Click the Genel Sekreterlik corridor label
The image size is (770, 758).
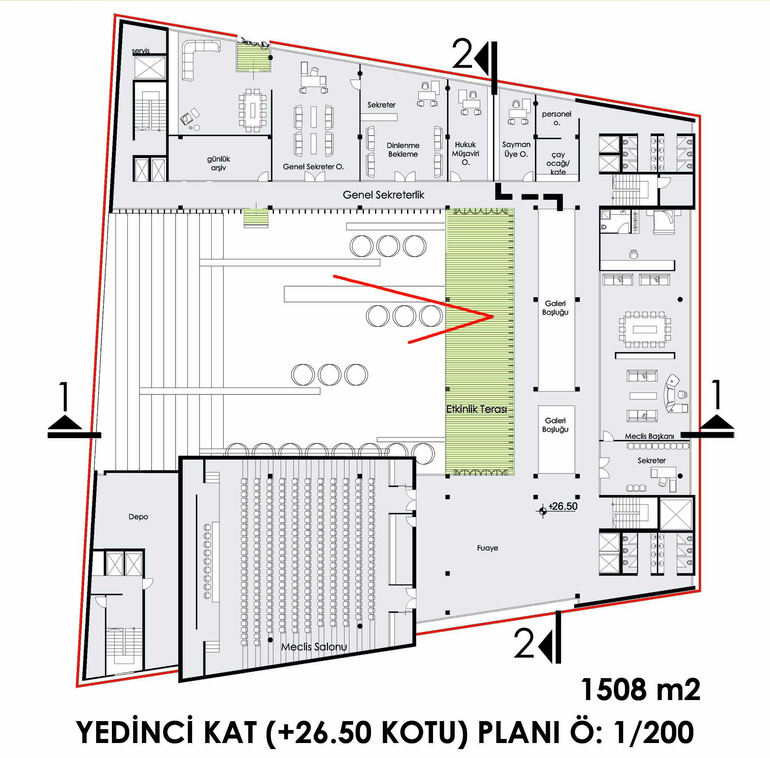[x=383, y=195]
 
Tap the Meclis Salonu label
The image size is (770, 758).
[x=314, y=647]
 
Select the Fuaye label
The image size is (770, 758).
[x=487, y=548]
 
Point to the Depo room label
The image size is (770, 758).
[x=138, y=517]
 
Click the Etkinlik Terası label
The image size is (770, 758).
[x=476, y=409]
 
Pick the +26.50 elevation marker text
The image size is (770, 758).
[x=563, y=506]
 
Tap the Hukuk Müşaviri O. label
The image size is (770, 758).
[x=465, y=154]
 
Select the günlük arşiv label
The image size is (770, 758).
[x=219, y=163]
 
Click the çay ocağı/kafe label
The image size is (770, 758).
[x=558, y=163]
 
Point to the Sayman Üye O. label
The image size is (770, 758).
[x=516, y=149]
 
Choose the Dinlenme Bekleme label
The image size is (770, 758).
[x=403, y=150]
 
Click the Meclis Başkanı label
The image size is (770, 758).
[x=649, y=436]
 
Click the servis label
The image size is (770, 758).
[x=141, y=51]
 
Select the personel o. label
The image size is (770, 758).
[x=556, y=118]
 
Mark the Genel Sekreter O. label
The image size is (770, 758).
[x=313, y=167]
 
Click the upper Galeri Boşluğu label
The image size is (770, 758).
[x=555, y=308]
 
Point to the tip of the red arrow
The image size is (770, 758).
[x=493, y=316]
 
